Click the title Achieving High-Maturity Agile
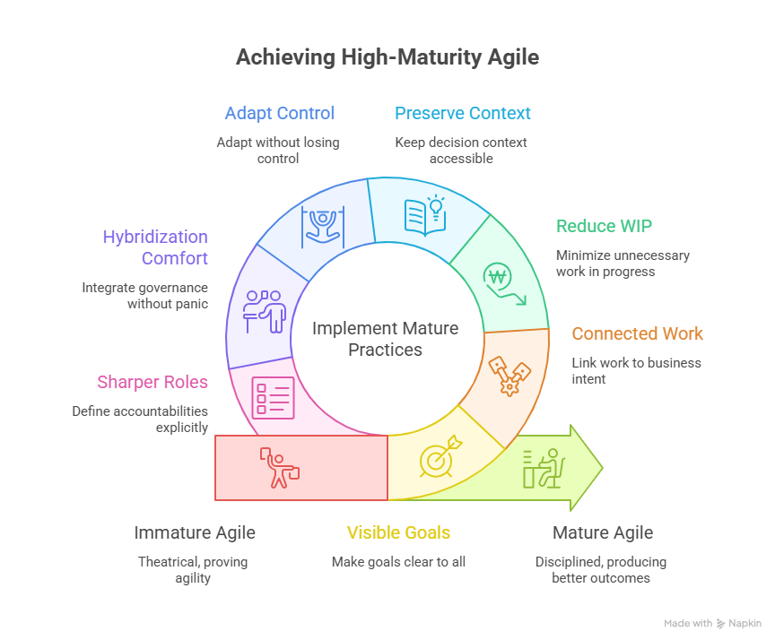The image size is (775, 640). point(387,58)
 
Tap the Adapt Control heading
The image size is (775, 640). point(280,113)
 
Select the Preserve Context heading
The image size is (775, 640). point(463,113)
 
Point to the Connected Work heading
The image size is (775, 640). point(638,333)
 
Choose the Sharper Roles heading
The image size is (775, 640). point(152,382)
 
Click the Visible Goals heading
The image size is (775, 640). point(398,532)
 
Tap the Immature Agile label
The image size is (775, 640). point(195,532)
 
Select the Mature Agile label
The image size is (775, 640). point(603,532)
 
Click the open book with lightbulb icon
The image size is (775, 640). point(424,216)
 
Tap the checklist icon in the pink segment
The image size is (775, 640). point(273,395)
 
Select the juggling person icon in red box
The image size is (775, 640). point(281,467)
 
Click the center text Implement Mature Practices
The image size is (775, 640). point(386,339)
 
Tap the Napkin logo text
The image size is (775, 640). point(745,623)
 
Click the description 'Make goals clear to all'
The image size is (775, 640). point(398,562)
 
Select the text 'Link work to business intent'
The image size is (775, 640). point(637,371)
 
